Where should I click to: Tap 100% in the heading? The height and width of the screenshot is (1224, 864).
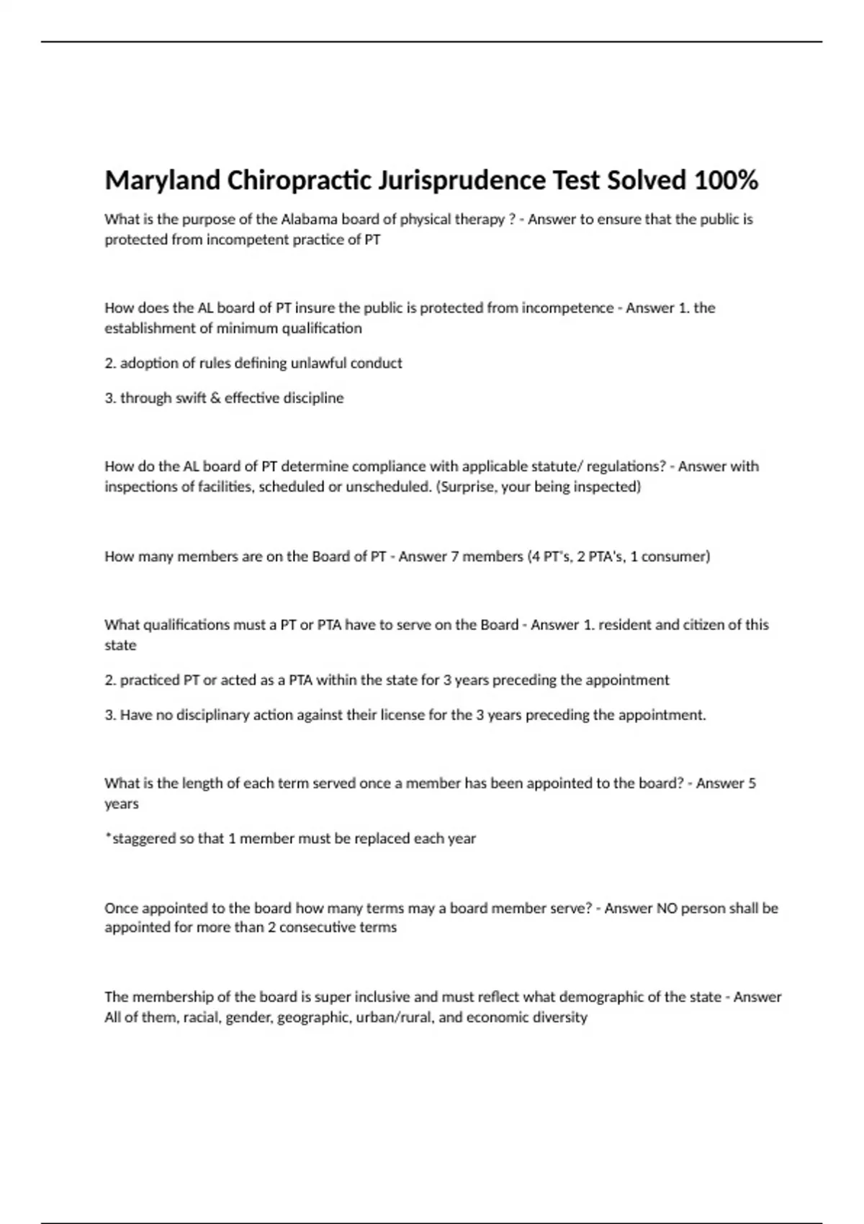[x=726, y=180]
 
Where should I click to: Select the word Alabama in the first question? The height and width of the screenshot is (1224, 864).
[x=309, y=219]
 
